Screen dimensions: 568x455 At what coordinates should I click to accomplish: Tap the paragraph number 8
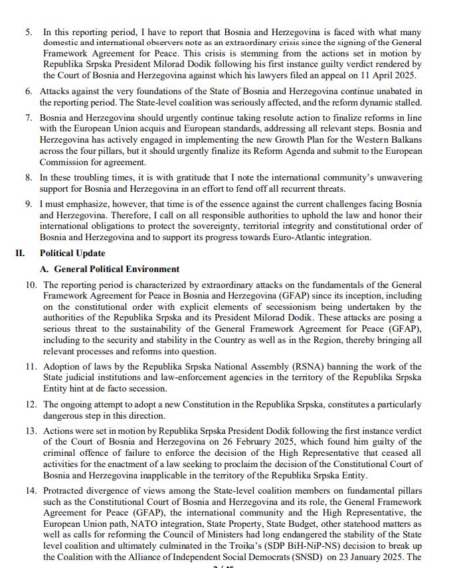29,178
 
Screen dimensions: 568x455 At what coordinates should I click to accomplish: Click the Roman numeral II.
21,253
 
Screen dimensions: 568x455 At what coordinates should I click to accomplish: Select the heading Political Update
72,253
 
